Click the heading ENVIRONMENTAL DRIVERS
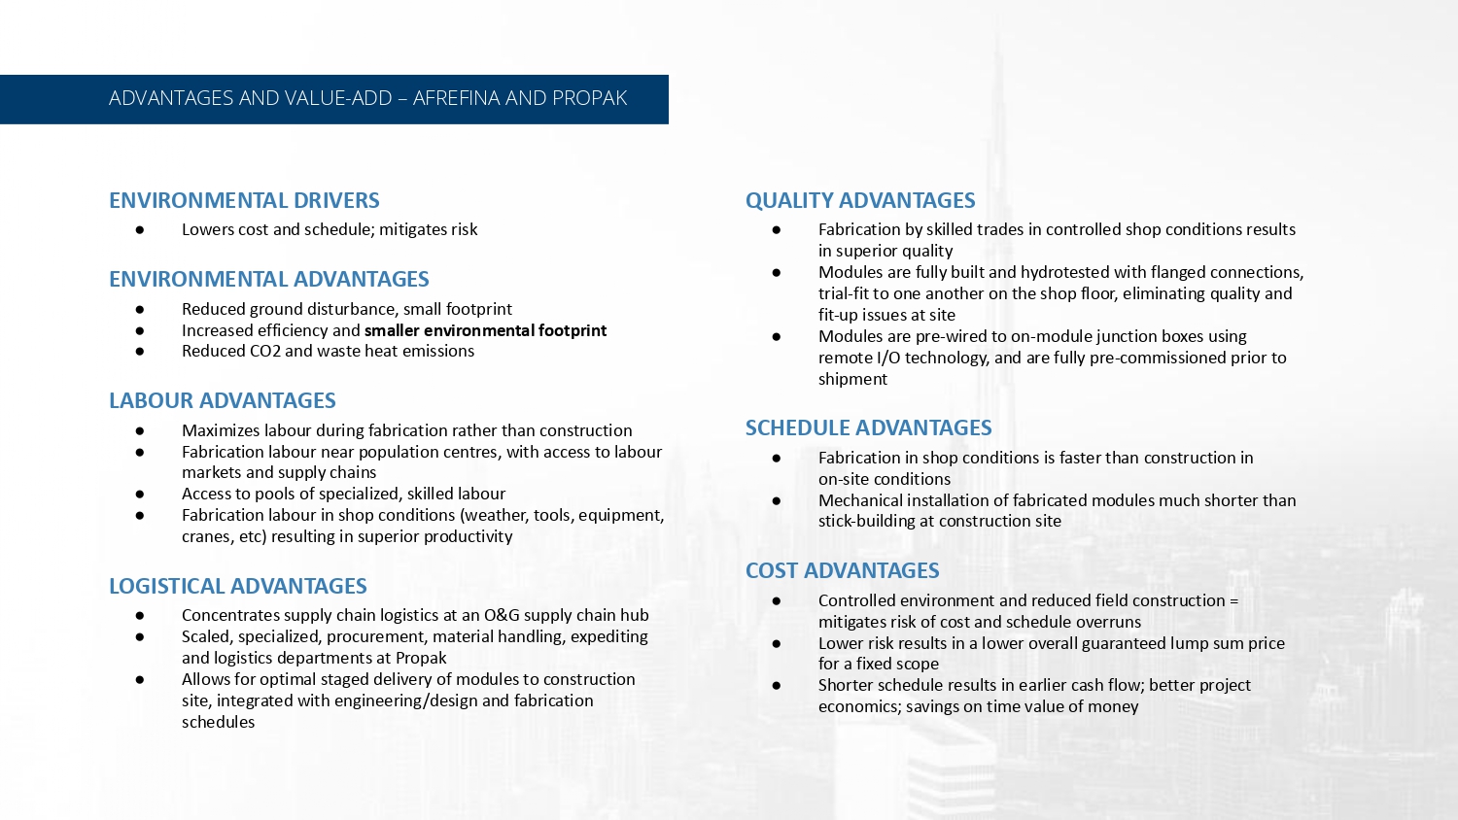point(244,200)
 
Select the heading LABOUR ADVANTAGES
point(223,400)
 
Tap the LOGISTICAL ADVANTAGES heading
point(238,586)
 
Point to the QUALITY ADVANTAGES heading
point(860,200)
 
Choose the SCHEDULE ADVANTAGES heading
point(868,427)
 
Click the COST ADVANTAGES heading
point(842,570)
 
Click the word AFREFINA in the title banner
point(456,98)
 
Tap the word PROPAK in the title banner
point(589,98)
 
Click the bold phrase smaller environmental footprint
point(485,330)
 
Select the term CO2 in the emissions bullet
point(265,351)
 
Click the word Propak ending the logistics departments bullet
point(421,658)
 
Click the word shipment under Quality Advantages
point(852,379)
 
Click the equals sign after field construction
point(1233,600)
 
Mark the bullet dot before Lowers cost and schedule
point(140,229)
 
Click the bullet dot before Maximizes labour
point(140,430)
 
